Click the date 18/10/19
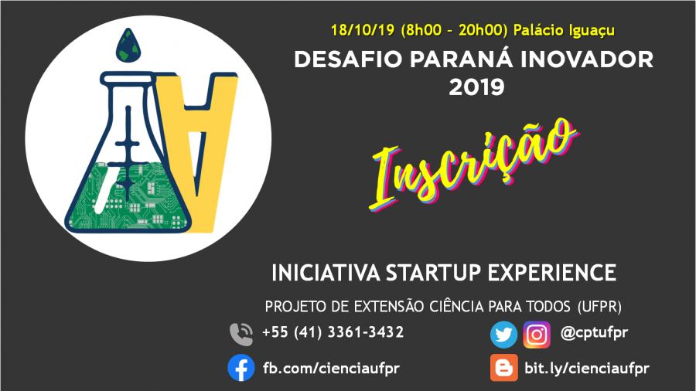click(363, 30)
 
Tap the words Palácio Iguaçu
click(564, 31)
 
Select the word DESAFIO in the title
click(348, 59)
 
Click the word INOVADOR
click(587, 59)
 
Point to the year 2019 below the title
click(476, 87)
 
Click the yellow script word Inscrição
click(473, 163)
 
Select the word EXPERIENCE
click(551, 273)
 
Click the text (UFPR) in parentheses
click(599, 306)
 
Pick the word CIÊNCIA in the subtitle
click(456, 306)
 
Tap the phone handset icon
click(241, 334)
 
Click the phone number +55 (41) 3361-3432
click(333, 332)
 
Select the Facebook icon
click(241, 368)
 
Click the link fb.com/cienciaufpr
click(331, 368)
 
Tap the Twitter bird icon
click(503, 335)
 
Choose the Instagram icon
click(537, 335)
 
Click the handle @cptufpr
click(594, 332)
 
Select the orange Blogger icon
click(503, 368)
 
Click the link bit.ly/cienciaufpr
click(587, 368)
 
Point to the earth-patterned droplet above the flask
click(128, 46)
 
